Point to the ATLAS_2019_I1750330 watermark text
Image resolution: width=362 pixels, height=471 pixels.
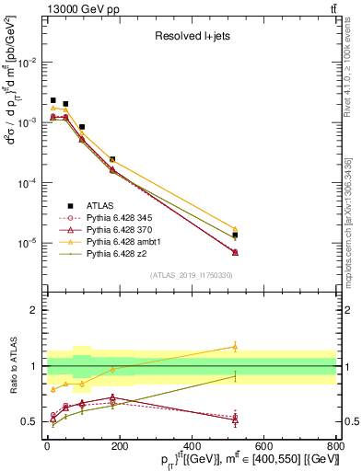[192, 275]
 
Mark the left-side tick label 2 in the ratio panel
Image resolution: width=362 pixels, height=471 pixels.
[33, 310]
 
